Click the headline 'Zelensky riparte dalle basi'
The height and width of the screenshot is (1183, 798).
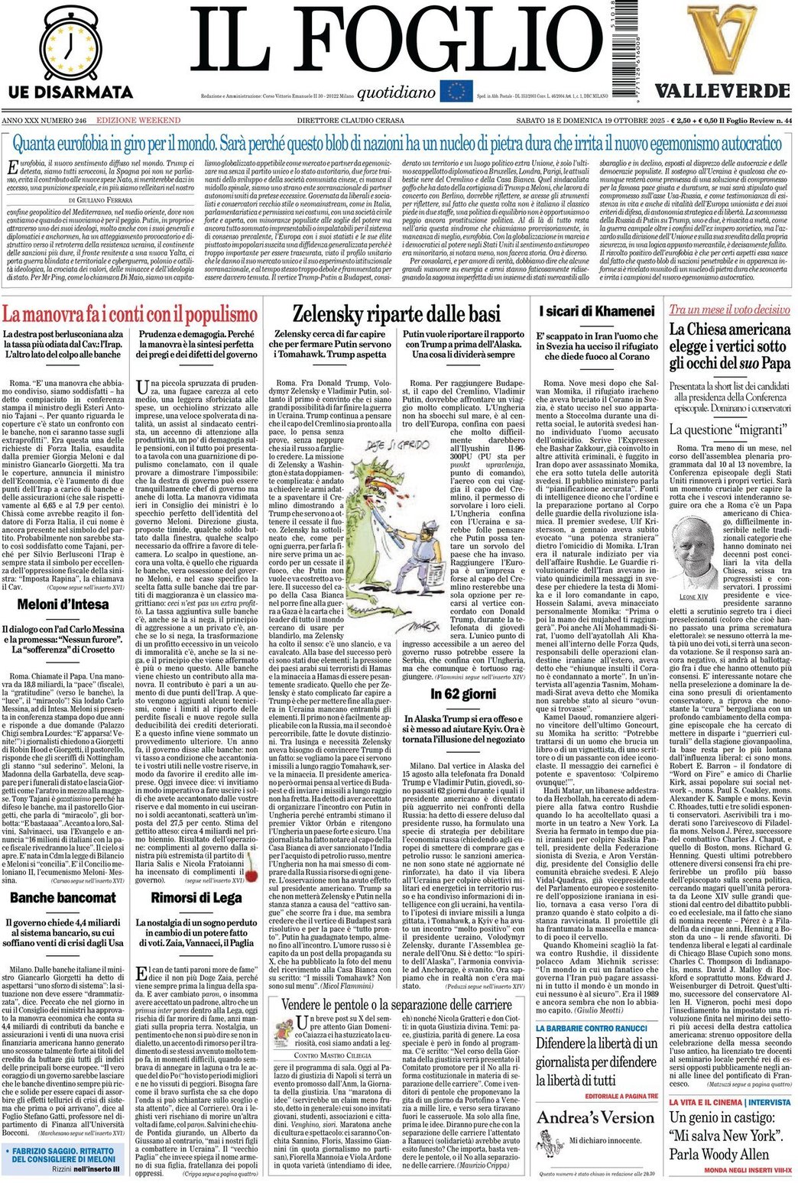(x=396, y=313)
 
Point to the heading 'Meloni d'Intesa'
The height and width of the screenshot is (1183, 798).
(x=63, y=604)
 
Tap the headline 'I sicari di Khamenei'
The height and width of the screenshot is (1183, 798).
(x=596, y=311)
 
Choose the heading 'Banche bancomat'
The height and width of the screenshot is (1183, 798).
(x=63, y=897)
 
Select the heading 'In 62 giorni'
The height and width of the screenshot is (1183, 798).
(x=462, y=694)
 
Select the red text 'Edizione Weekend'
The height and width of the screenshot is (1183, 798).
(x=138, y=120)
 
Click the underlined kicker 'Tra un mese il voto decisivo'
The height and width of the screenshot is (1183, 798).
(x=729, y=309)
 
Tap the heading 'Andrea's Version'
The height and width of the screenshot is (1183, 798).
(x=595, y=1117)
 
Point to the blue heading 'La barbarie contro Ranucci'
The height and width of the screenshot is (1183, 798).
(x=591, y=1028)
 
